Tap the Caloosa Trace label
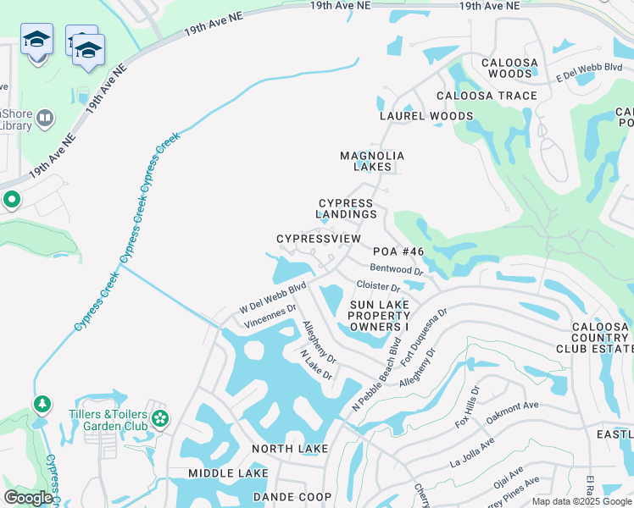[487, 96]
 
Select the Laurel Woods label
[426, 116]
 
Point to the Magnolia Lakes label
[372, 161]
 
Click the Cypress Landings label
[347, 209]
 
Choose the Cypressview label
[319, 240]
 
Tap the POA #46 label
[398, 251]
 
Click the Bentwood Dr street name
[397, 269]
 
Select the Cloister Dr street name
[378, 288]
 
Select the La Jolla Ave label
[472, 453]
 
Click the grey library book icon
[45, 119]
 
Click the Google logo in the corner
[28, 498]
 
